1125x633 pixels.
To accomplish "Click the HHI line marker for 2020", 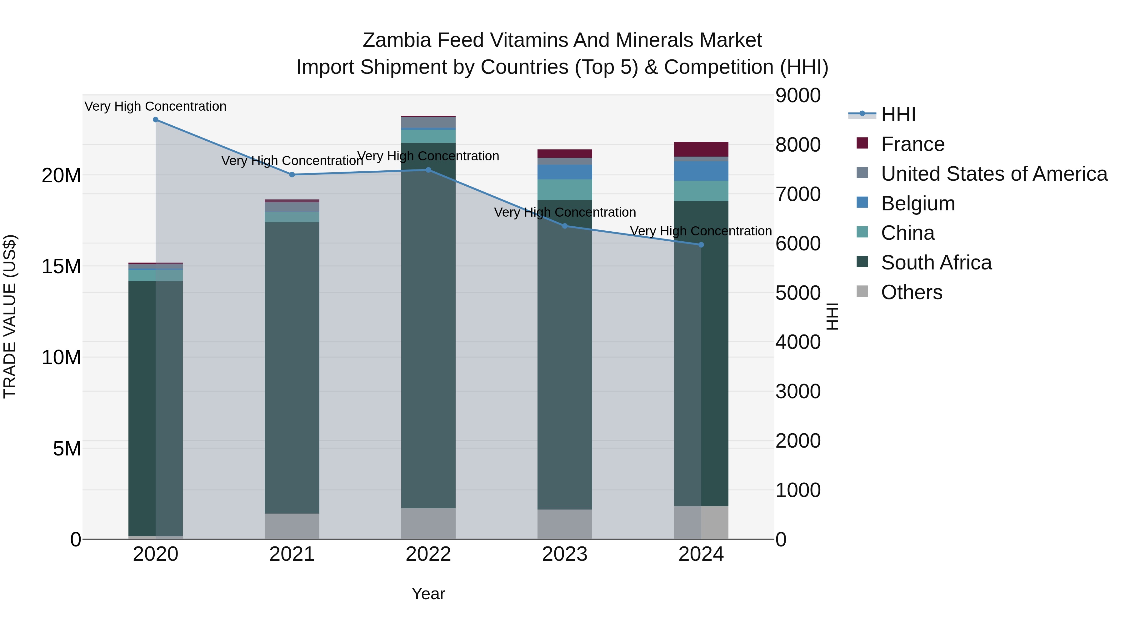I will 156,120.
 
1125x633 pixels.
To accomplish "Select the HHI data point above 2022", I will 428,170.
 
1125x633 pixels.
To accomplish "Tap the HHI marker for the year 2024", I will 701,245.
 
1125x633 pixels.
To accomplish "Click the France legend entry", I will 912,144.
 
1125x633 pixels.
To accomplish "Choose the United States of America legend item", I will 993,174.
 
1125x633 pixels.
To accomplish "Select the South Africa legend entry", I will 936,263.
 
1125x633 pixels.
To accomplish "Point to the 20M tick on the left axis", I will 61,176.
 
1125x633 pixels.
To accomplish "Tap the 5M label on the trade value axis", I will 67,449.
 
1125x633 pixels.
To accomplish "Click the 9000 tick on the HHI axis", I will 798,96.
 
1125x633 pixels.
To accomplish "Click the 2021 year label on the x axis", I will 292,554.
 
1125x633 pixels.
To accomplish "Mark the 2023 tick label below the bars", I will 565,554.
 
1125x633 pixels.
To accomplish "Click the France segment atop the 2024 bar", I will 701,149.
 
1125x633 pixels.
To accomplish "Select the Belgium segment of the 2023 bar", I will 565,172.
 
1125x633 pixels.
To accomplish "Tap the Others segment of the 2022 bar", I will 428,523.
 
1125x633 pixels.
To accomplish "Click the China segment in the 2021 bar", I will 292,217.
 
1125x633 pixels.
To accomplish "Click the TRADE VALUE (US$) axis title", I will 10,316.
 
